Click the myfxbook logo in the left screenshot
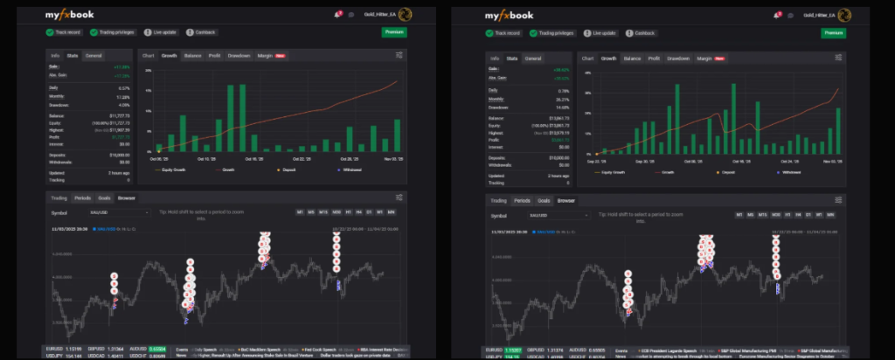74,14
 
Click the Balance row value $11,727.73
118,114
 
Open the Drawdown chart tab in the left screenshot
239,56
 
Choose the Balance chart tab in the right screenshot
632,58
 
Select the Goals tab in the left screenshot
104,198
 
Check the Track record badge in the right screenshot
504,33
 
